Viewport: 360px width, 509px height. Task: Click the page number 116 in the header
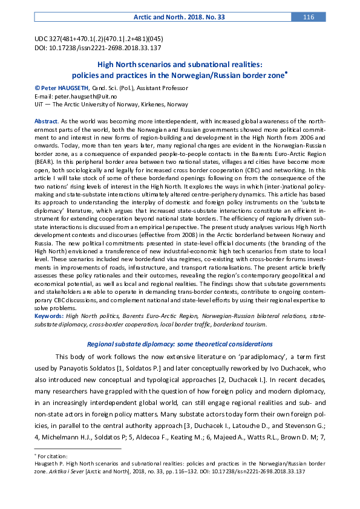309,17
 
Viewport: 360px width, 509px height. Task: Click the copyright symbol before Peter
37,88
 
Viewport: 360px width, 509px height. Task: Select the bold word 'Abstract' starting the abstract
46,121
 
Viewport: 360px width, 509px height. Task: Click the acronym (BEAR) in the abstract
44,180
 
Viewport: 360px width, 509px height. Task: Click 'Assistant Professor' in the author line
163,88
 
